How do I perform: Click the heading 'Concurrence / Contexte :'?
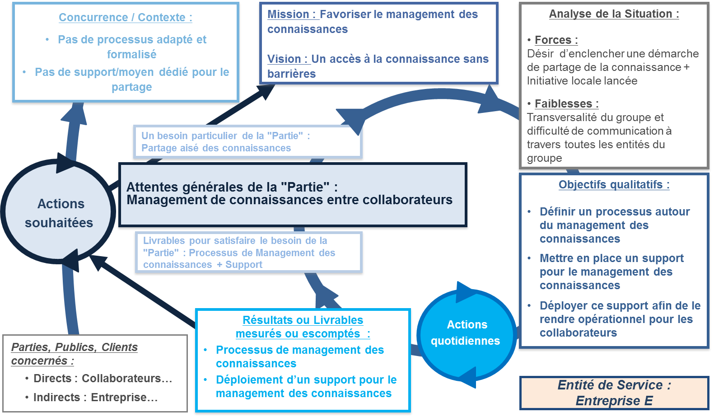coord(126,18)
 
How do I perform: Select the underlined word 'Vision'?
coord(284,59)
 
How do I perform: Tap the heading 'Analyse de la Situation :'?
coord(614,14)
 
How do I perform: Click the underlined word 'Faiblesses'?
coord(563,104)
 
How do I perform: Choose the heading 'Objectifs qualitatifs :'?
coord(614,185)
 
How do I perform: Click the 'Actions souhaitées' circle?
coord(59,213)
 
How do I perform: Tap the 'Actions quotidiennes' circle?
coord(466,333)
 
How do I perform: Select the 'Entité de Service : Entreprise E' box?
coord(614,393)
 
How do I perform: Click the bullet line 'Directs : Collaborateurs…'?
coord(103,379)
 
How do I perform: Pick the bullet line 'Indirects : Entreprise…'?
coord(95,398)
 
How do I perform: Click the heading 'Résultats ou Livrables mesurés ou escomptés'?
coord(303,327)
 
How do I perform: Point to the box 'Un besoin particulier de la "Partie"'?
coord(247,142)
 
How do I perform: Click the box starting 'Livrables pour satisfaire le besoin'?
coord(248,253)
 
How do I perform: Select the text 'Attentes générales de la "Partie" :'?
coord(232,187)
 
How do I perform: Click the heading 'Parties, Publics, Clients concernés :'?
coord(74,354)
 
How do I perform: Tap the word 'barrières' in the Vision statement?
coord(291,74)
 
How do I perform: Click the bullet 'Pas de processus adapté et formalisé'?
coord(132,47)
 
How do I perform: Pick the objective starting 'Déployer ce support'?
coord(620,319)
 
